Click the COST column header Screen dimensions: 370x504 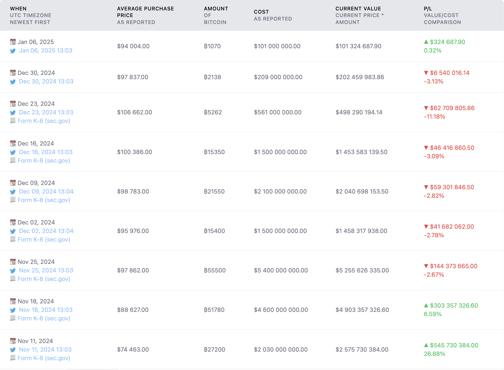[x=261, y=12]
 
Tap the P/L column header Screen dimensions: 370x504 [x=428, y=9]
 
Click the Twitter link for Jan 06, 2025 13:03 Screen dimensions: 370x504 [x=46, y=50]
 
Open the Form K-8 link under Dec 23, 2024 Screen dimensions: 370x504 [x=44, y=121]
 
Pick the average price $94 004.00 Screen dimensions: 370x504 [x=133, y=46]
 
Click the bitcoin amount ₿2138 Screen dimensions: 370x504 [x=212, y=77]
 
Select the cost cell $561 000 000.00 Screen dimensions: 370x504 [x=278, y=112]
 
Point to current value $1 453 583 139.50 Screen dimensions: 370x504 [x=361, y=152]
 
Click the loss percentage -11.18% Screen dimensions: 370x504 [x=434, y=116]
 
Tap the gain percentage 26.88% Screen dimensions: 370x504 [x=434, y=354]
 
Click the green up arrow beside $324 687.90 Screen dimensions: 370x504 [x=426, y=42]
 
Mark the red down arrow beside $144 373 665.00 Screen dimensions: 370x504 [x=426, y=266]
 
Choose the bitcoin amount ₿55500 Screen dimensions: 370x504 [x=214, y=270]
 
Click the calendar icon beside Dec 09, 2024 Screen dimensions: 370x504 [x=13, y=183]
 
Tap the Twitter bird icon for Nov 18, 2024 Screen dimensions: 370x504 [x=13, y=310]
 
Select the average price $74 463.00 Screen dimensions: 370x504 [x=133, y=349]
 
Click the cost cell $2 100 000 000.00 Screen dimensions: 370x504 [x=280, y=191]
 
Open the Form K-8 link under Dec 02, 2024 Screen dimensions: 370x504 [x=44, y=239]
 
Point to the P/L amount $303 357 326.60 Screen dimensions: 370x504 [x=454, y=305]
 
